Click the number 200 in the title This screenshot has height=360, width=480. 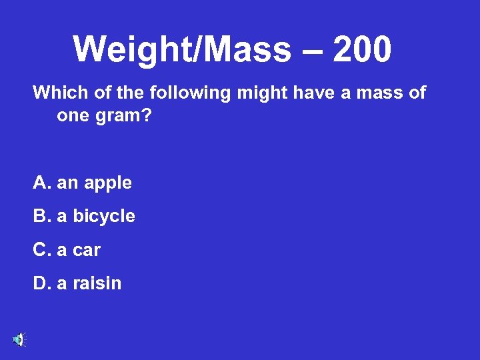362,49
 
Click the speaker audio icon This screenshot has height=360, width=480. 19,339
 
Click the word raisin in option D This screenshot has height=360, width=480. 98,283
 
